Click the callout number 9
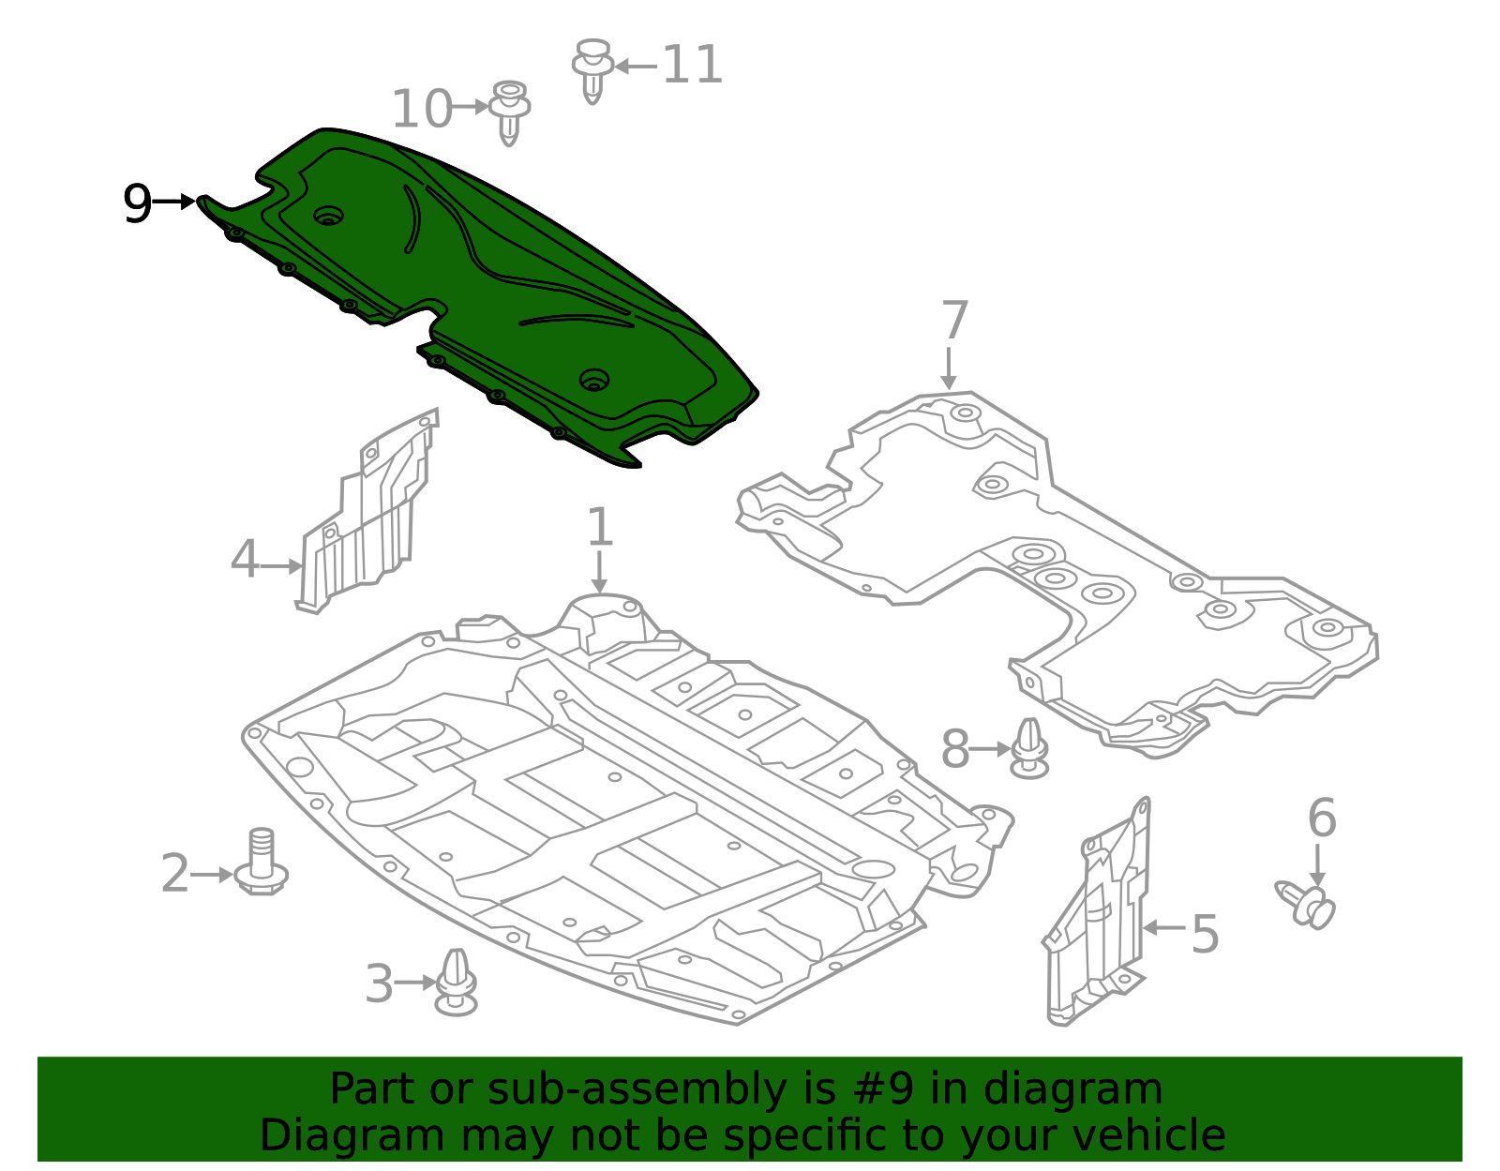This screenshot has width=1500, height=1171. pyautogui.click(x=137, y=203)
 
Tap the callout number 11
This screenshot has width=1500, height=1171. pyautogui.click(x=693, y=65)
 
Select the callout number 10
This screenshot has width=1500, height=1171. pyautogui.click(x=422, y=109)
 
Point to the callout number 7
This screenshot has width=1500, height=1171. pyautogui.click(x=954, y=320)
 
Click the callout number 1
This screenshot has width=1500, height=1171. pyautogui.click(x=599, y=527)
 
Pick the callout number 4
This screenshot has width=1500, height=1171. pyautogui.click(x=245, y=559)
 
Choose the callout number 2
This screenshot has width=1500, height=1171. pyautogui.click(x=174, y=873)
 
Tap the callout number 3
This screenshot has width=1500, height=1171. pyautogui.click(x=379, y=983)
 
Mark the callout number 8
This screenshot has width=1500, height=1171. pyautogui.click(x=955, y=749)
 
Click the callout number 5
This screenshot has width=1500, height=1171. pyautogui.click(x=1205, y=935)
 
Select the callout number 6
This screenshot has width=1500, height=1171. pyautogui.click(x=1322, y=818)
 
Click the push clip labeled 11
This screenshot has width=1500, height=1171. pyautogui.click(x=592, y=70)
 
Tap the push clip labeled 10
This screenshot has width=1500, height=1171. pyautogui.click(x=509, y=113)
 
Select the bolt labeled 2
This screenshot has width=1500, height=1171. pyautogui.click(x=261, y=862)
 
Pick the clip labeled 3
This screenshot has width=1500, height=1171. pyautogui.click(x=456, y=982)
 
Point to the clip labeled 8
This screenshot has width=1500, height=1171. pyautogui.click(x=1030, y=748)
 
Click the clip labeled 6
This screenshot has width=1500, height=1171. pyautogui.click(x=1305, y=905)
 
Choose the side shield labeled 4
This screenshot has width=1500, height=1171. pyautogui.click(x=367, y=511)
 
